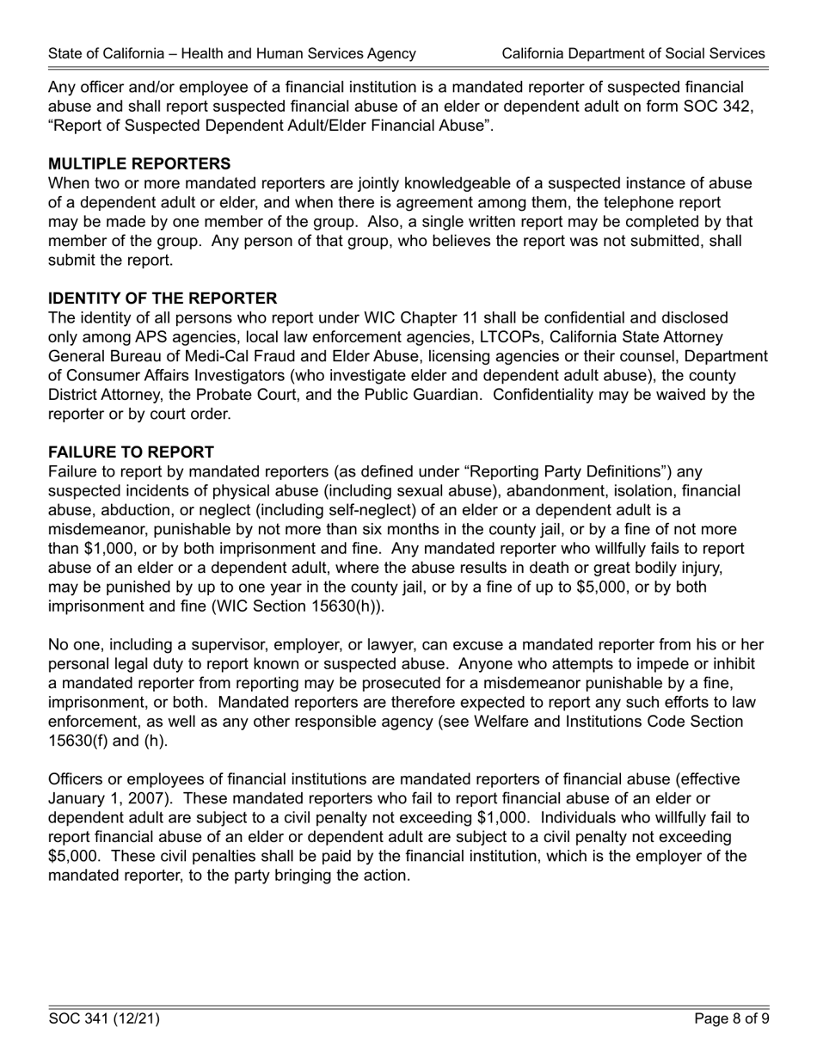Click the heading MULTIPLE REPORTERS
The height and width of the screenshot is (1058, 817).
point(139,163)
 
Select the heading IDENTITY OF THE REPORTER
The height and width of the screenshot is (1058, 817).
point(163,298)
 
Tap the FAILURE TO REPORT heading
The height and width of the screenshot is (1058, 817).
point(131,452)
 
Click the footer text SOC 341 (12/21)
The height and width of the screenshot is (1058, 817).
point(104,1019)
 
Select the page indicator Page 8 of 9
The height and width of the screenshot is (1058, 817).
point(731,1019)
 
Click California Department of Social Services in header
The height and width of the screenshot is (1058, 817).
point(633,53)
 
